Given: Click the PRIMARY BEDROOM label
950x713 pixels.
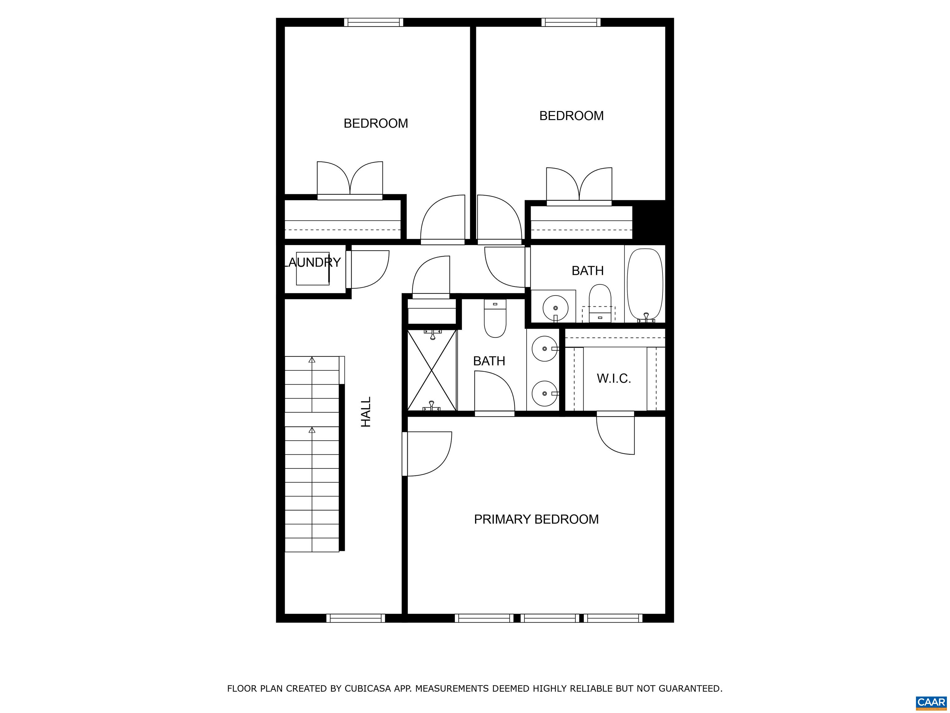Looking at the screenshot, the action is (536, 519).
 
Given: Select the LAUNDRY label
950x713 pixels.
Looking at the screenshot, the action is (313, 262).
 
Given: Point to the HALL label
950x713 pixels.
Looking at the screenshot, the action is (366, 412).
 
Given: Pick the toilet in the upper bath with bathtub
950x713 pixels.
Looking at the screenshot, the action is (600, 303).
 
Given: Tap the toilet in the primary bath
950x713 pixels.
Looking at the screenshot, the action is (495, 318).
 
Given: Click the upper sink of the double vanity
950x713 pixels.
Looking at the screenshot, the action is (545, 348).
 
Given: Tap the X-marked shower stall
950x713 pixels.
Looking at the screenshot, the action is (432, 370).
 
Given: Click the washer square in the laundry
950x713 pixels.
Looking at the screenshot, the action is (313, 269).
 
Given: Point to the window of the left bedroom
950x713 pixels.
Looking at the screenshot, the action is (374, 22).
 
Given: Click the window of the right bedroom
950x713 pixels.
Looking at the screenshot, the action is (571, 22).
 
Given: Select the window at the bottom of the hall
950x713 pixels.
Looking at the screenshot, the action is (356, 618).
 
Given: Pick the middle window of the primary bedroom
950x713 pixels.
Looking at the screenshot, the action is (550, 618).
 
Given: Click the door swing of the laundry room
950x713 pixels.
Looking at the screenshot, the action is (370, 270).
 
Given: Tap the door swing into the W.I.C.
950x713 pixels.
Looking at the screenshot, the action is (615, 433).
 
